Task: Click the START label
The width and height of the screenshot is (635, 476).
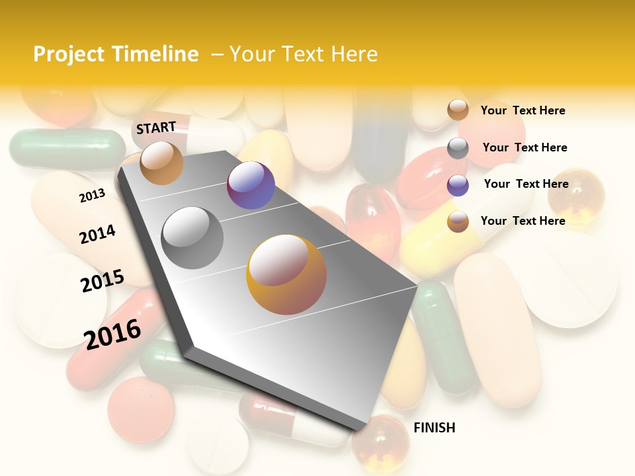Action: (x=156, y=127)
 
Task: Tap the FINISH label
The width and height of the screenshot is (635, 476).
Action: (x=434, y=428)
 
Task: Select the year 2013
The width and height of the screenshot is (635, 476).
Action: (x=92, y=195)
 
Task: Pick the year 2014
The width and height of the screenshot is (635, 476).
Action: (x=97, y=234)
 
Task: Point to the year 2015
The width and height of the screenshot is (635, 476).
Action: (x=103, y=281)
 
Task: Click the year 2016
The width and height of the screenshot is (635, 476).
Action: (x=112, y=334)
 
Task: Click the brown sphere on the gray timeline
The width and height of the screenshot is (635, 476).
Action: (x=161, y=163)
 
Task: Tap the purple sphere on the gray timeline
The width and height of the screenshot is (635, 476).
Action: (x=251, y=185)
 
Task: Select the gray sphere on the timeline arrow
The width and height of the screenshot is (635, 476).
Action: (x=192, y=238)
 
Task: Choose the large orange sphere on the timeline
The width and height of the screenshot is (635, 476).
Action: (x=286, y=274)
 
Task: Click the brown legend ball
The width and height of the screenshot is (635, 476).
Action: (x=458, y=110)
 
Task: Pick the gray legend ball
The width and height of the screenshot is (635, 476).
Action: (x=458, y=148)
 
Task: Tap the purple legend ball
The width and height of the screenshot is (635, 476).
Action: (x=458, y=185)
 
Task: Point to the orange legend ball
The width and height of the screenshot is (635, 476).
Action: (x=458, y=221)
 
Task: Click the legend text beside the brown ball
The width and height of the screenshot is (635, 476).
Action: (x=523, y=110)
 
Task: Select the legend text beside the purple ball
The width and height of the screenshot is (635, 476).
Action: (x=526, y=184)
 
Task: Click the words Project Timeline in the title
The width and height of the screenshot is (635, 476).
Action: (x=116, y=54)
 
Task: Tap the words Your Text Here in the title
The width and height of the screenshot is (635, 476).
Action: (x=304, y=54)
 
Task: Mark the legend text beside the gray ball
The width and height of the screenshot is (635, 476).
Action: (x=525, y=147)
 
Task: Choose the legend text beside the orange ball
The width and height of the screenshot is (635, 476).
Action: (x=523, y=221)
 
